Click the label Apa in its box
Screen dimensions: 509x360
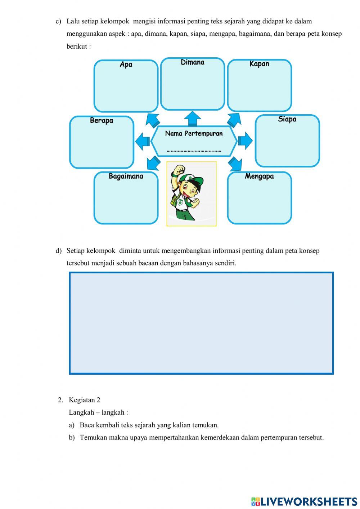click(x=126, y=64)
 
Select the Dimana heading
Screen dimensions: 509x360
click(x=192, y=62)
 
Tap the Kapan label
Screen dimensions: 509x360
click(x=259, y=64)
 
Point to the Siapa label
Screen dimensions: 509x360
click(x=287, y=119)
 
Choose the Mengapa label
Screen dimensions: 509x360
click(x=259, y=176)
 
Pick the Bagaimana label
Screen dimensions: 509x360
click(x=126, y=176)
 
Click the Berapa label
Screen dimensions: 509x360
click(x=102, y=120)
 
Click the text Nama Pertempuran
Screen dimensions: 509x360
click(x=194, y=134)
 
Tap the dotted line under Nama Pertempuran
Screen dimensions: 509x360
click(x=194, y=151)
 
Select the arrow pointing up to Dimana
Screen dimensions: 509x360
click(x=193, y=118)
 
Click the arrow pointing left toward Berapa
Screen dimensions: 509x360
click(x=143, y=141)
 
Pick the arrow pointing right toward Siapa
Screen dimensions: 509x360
click(x=245, y=140)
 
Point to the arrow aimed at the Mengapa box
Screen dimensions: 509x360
click(x=235, y=164)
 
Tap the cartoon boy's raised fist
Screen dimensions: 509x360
click(x=179, y=170)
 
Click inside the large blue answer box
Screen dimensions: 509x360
click(x=201, y=323)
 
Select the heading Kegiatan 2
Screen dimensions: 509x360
click(x=85, y=400)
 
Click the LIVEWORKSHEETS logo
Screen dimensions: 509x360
click(x=304, y=501)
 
